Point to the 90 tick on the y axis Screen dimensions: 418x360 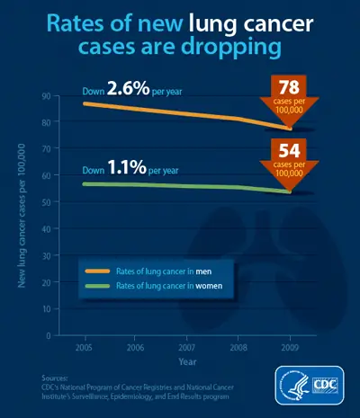pyautogui.click(x=46, y=96)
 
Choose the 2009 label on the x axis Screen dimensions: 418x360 pyautogui.click(x=290, y=345)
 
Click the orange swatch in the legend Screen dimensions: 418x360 pyautogui.click(x=95, y=271)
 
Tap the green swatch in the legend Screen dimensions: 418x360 pyautogui.click(x=95, y=285)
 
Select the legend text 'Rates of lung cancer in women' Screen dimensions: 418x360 pyautogui.click(x=166, y=285)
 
